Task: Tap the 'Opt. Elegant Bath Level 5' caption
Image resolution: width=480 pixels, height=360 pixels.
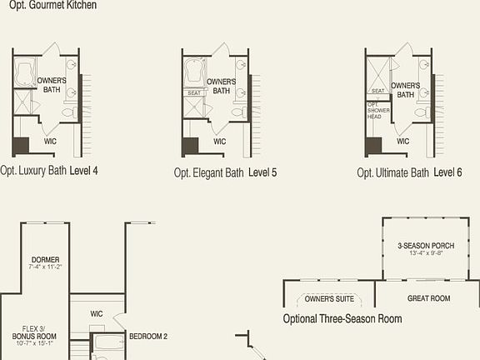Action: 225,172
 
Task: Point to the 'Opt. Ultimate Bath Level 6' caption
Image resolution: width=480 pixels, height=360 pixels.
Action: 409,172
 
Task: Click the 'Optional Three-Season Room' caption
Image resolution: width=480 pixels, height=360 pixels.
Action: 342,318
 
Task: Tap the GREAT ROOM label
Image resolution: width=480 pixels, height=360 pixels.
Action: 428,298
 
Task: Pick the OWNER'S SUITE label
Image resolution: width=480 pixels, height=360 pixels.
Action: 328,298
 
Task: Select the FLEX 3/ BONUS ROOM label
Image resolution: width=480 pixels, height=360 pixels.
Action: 33,332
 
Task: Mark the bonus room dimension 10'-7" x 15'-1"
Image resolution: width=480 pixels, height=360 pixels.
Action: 33,342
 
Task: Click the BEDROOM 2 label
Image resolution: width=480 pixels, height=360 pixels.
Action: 148,337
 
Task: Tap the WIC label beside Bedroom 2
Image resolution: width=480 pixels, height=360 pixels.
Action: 96,313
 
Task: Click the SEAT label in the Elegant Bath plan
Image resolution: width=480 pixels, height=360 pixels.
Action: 193,93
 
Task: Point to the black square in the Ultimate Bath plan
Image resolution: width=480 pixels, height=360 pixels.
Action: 373,144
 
